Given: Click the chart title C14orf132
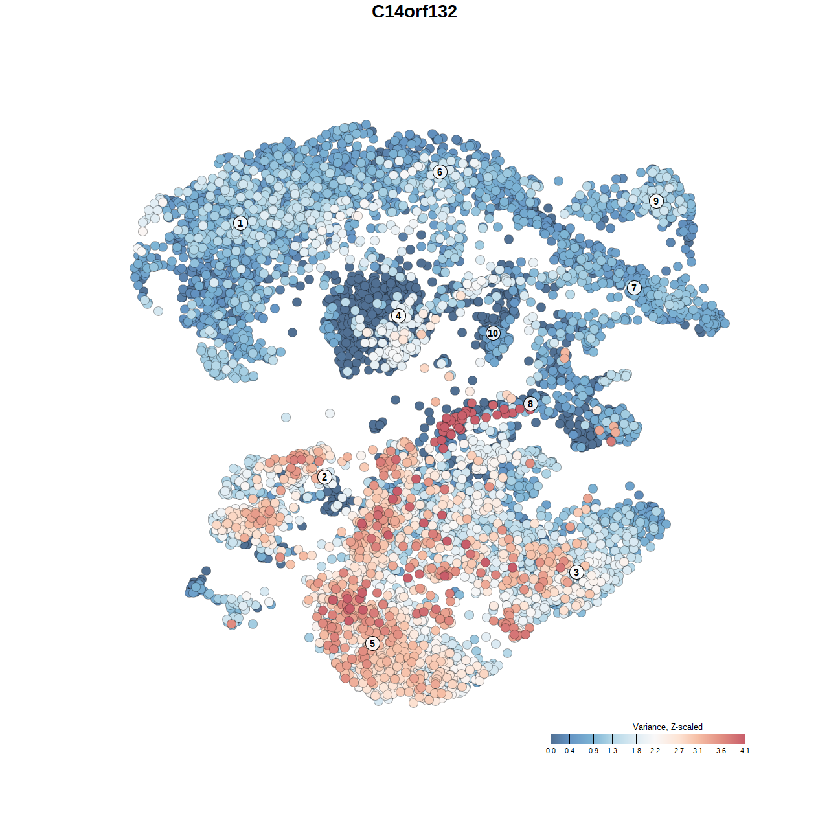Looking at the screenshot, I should (x=414, y=12).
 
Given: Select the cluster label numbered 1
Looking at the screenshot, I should (x=240, y=223).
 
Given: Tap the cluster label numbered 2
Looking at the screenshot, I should (x=324, y=477).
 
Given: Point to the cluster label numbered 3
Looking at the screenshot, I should (x=576, y=573).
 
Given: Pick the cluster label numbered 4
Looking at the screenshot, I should (x=398, y=316).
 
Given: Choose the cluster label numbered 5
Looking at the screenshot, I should (x=372, y=643).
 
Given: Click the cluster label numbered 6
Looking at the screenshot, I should (x=440, y=172).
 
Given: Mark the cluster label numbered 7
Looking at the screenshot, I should (x=634, y=288).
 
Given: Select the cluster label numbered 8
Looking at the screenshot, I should (x=530, y=404).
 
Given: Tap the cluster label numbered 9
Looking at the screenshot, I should (x=656, y=201).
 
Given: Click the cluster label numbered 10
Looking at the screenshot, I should (x=493, y=334).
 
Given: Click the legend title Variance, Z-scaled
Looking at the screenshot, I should (x=667, y=727).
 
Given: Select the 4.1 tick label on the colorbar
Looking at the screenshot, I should (x=745, y=751).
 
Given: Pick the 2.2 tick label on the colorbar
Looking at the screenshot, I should (x=655, y=751).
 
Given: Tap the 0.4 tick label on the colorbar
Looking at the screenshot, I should (x=569, y=751).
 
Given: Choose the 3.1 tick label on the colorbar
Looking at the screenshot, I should (x=698, y=751).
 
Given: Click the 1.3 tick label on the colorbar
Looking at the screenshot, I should (x=612, y=751).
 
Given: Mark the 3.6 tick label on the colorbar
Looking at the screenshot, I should (x=721, y=751).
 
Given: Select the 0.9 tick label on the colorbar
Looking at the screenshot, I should (x=593, y=751).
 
